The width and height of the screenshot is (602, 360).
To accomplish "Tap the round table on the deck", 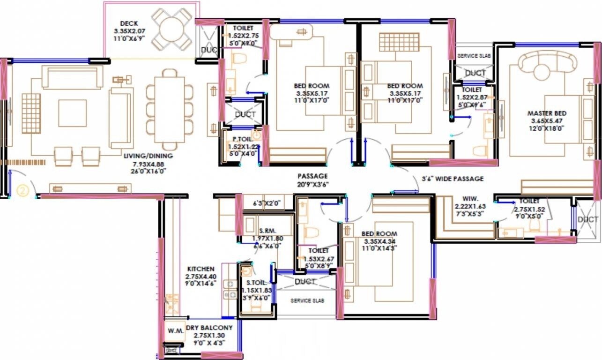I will (x=172, y=29).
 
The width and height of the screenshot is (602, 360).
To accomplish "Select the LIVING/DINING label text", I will (x=148, y=156).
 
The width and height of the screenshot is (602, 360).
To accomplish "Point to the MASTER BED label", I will (x=547, y=113).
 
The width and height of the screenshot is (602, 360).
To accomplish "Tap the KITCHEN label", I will (x=201, y=269).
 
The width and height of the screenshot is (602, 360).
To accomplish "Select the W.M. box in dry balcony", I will (x=175, y=331).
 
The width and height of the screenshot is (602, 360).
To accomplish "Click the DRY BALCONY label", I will (x=209, y=328).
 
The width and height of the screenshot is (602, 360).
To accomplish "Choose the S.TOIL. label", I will (x=256, y=283).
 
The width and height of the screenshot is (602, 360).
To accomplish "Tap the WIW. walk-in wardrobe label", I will (x=469, y=199).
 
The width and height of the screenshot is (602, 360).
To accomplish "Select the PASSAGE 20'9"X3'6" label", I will (x=312, y=176).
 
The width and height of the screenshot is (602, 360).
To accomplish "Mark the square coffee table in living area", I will (x=72, y=113).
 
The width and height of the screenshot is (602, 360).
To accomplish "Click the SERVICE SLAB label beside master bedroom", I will (x=474, y=55).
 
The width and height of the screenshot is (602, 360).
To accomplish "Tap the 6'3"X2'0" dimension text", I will (x=266, y=203).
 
